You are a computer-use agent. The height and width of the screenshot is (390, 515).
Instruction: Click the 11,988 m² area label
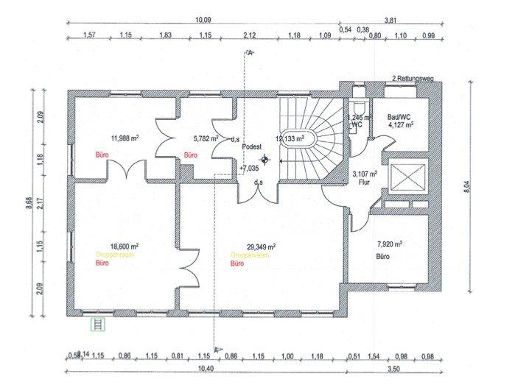tap(126, 138)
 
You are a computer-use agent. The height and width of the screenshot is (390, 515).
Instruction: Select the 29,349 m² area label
tap(262, 247)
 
